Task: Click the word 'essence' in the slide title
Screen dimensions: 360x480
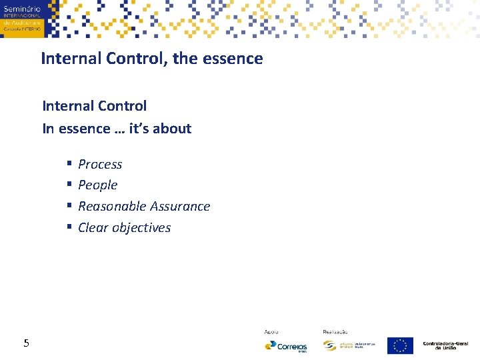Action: click(x=237, y=59)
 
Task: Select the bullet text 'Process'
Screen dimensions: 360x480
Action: click(x=100, y=164)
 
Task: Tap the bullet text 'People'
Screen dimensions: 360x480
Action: click(x=97, y=185)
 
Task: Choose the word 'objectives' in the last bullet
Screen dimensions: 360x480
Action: click(x=141, y=228)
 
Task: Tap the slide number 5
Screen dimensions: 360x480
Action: click(x=26, y=343)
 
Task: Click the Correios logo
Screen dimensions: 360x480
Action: click(x=285, y=346)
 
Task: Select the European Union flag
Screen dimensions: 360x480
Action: click(x=400, y=345)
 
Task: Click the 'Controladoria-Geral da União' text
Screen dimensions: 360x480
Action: click(x=446, y=345)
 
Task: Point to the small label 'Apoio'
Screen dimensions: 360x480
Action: click(x=271, y=331)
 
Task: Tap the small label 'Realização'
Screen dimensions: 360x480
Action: click(x=335, y=331)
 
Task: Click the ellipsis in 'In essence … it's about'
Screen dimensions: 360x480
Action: click(x=119, y=129)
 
